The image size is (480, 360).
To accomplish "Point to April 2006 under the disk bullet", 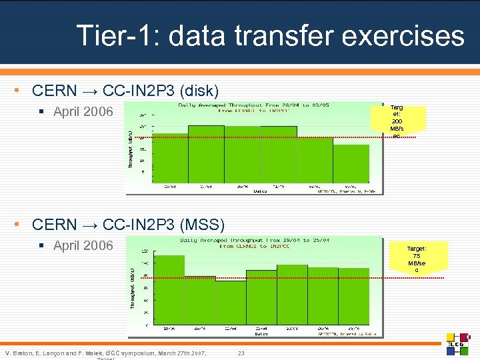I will (x=83, y=112).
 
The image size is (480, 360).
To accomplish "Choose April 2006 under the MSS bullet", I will (x=83, y=245).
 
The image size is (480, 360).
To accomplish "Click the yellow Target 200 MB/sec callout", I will (x=396, y=121).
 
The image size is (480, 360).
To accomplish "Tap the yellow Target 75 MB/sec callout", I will (x=417, y=258).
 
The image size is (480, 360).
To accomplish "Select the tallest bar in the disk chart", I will (x=206, y=153).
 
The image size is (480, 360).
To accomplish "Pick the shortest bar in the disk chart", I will (x=351, y=163).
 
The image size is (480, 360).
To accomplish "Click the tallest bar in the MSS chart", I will (x=169, y=289).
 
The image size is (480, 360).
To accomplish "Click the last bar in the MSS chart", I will (x=353, y=296).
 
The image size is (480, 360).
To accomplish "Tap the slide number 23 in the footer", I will (x=241, y=352).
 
